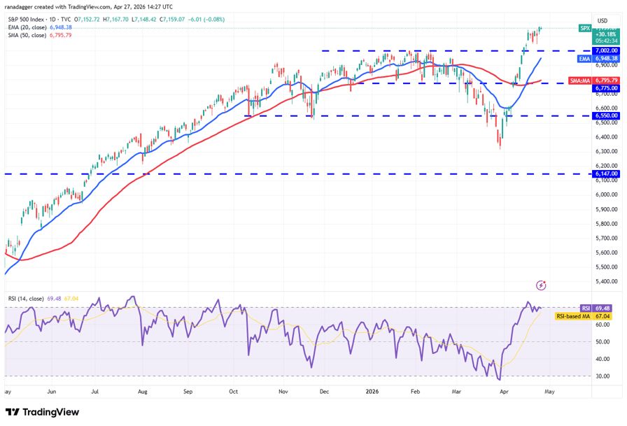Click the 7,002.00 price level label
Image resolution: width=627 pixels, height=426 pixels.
pos(606,50)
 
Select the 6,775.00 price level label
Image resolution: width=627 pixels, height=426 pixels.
pos(606,88)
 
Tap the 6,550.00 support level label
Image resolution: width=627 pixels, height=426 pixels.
pos(606,115)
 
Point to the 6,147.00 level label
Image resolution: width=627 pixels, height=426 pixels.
pos(606,173)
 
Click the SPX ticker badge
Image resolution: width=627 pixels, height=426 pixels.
pos(585,28)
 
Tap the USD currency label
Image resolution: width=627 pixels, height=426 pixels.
pos(602,20)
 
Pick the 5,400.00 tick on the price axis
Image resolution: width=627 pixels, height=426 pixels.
pos(606,281)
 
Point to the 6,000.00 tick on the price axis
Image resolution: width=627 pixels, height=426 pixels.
pos(606,194)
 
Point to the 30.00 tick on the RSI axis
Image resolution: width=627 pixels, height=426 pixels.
pos(606,376)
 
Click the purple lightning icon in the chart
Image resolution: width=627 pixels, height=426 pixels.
pos(540,285)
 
